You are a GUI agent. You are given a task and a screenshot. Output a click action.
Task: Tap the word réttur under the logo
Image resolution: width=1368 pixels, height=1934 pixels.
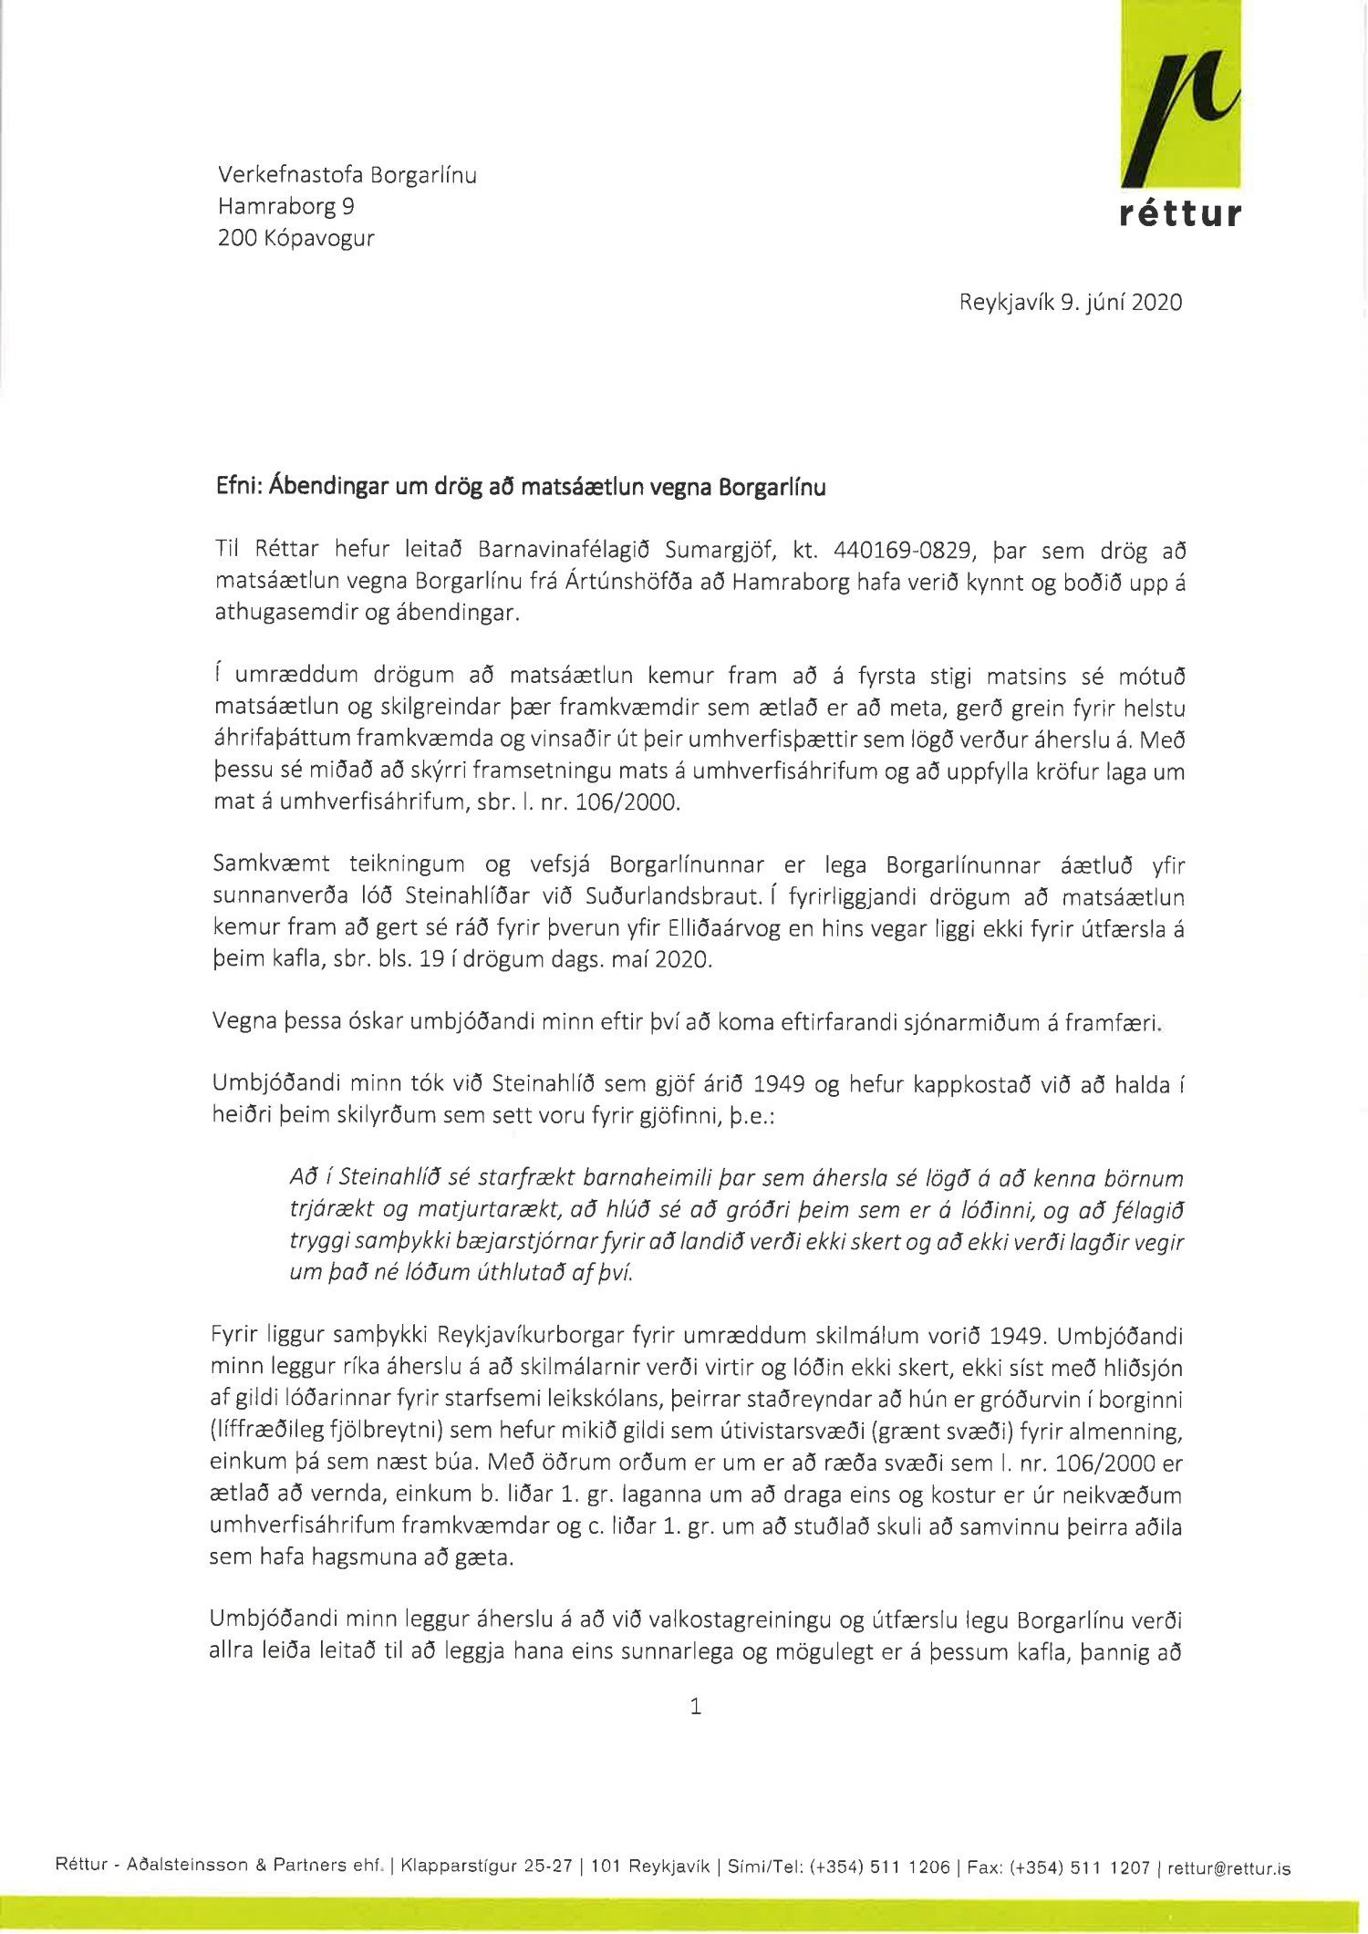coord(1180,214)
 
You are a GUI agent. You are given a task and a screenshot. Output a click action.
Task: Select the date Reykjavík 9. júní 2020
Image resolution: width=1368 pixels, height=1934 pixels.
coord(1070,303)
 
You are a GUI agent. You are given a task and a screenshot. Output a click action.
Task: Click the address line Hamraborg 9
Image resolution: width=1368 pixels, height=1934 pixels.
coord(285,207)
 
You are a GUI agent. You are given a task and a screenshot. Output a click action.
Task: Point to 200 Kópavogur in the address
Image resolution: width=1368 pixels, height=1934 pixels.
coord(295,239)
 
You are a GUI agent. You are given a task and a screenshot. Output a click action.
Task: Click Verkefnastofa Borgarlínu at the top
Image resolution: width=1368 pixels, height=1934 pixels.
coord(347,175)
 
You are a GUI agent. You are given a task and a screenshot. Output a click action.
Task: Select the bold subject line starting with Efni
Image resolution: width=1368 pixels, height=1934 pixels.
coord(520,488)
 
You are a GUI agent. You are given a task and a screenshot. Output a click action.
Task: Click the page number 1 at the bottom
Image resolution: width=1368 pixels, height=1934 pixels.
coord(696,1706)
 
